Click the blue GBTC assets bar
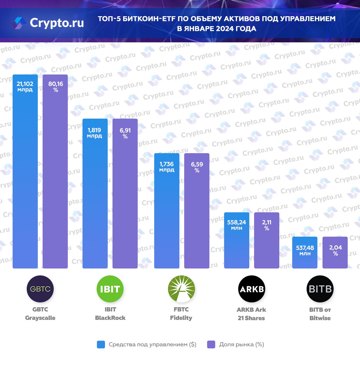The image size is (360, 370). (x=25, y=180)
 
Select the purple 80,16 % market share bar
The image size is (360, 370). (x=55, y=180)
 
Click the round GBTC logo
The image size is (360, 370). (x=40, y=289)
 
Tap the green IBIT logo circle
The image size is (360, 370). (x=110, y=289)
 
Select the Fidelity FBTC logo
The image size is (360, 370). (x=181, y=289)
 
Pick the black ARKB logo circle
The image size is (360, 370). (x=252, y=289)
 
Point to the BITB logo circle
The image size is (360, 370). (x=320, y=289)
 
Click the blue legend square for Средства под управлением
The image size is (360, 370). (x=101, y=344)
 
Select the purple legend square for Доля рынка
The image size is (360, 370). (x=211, y=344)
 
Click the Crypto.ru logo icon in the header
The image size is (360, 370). (x=19, y=23)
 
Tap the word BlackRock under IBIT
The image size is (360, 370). (x=110, y=318)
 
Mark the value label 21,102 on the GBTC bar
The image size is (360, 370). (x=25, y=84)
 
